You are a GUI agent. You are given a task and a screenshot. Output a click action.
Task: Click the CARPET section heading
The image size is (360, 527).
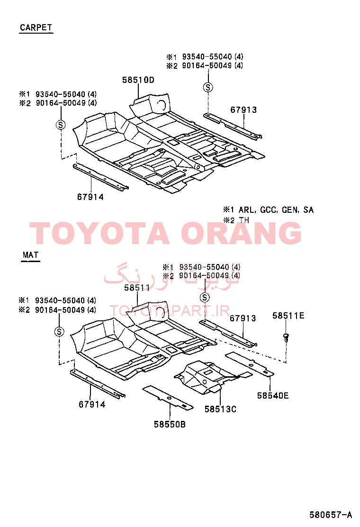coord(36,27)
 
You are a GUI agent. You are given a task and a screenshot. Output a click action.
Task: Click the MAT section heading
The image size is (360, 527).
coord(31,255)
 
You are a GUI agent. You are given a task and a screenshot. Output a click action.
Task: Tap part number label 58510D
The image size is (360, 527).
coord(138,80)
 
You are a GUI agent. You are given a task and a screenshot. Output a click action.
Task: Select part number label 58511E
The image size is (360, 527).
coord(288,316)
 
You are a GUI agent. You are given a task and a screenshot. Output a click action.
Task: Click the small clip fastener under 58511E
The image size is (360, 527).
coord(286,337)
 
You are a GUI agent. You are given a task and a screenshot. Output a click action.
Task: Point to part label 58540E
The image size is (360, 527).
coord(273,396)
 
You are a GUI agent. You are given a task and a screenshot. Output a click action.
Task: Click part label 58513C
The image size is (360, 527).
coord(220,409)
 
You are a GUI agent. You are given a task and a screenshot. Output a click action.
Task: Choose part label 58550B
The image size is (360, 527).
coord(170,424)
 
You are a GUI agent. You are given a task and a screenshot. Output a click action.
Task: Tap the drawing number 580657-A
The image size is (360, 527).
coord(331,515)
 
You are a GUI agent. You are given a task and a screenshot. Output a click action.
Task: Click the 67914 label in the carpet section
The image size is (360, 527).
coord(90,197)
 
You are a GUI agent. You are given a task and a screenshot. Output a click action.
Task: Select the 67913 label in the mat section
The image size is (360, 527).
coord(243,318)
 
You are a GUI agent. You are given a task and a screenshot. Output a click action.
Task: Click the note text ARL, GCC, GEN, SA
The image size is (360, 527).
coord(276,210)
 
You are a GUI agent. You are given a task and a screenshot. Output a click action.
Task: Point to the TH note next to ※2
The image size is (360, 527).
coord(244,220)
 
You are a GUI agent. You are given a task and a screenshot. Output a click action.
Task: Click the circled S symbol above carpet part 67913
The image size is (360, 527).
coord(208,87)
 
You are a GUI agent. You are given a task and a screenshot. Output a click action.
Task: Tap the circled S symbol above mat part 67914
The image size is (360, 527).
coord(59,332)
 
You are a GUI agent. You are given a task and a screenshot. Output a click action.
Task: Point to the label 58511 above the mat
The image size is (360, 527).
coord(137,288)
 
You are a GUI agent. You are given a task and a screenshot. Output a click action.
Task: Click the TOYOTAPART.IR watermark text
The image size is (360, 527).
coord(170,311)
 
